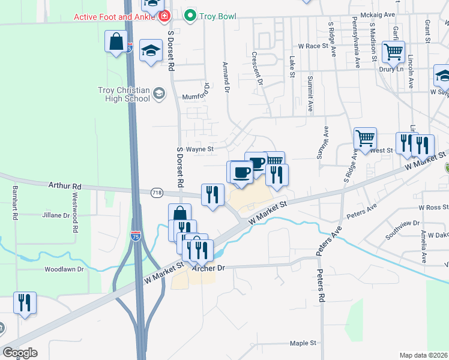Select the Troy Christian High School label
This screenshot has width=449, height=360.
coord(123,95)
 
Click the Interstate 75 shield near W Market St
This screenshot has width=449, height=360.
coord(136,236)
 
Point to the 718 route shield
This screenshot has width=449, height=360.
coord(157,192)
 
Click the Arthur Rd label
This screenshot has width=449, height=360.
coord(64,187)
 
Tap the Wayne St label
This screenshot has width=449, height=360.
coord(199,149)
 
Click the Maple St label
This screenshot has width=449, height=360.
coord(303,343)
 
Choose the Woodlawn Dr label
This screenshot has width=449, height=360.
coord(64,269)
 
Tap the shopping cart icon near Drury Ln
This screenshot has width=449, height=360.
coord(393,52)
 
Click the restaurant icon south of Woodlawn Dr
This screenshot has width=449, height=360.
coord(25,303)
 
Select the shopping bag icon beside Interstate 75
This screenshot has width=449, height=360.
coord(116,43)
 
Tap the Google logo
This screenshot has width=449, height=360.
coord(20,353)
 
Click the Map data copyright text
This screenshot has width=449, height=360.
coord(423,355)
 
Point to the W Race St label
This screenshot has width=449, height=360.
coord(315,46)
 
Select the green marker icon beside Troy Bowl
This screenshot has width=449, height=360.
coord(190,15)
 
